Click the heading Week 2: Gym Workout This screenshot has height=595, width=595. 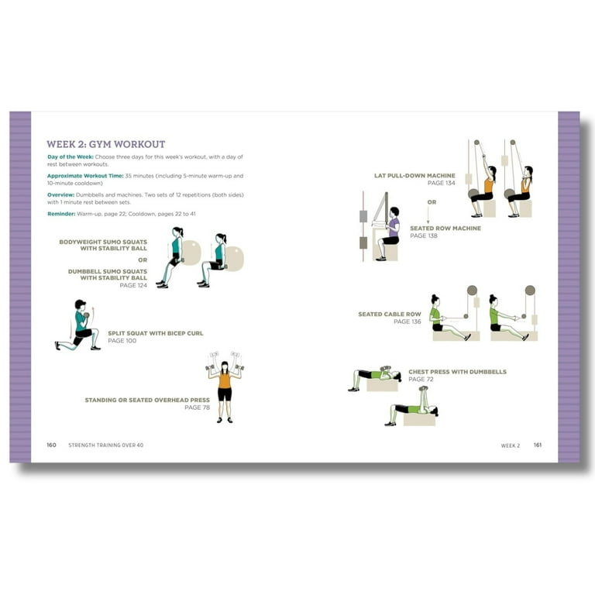[x=105, y=144]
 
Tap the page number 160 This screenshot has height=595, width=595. [x=51, y=445]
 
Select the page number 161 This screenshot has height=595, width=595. [x=537, y=445]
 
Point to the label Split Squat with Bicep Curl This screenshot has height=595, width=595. [x=155, y=333]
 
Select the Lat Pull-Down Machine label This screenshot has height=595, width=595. [x=414, y=176]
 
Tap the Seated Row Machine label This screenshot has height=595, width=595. [x=445, y=229]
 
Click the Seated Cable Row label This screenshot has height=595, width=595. [x=389, y=315]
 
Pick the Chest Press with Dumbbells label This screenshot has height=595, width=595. [x=457, y=372]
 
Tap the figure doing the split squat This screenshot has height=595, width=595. [x=79, y=325]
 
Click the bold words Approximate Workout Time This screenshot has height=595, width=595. [x=84, y=177]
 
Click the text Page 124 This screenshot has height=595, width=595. [x=132, y=285]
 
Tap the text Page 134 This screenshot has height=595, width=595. [x=442, y=183]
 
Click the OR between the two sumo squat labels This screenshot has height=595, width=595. [x=142, y=260]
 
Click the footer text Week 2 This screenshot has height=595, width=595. [x=510, y=445]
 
